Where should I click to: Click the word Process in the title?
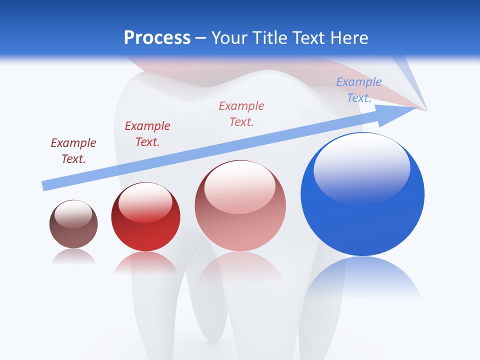pos(157,38)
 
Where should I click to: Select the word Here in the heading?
pos(347,38)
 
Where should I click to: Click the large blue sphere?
pos(362,210)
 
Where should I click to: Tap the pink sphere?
pos(240,225)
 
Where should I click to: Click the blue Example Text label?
pos(359,90)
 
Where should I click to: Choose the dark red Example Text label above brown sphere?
pos(73,151)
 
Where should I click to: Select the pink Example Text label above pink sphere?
pos(241,114)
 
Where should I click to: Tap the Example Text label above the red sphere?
pos(147,134)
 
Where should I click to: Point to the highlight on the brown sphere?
pos(73,213)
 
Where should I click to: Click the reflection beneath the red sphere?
pos(145,262)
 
